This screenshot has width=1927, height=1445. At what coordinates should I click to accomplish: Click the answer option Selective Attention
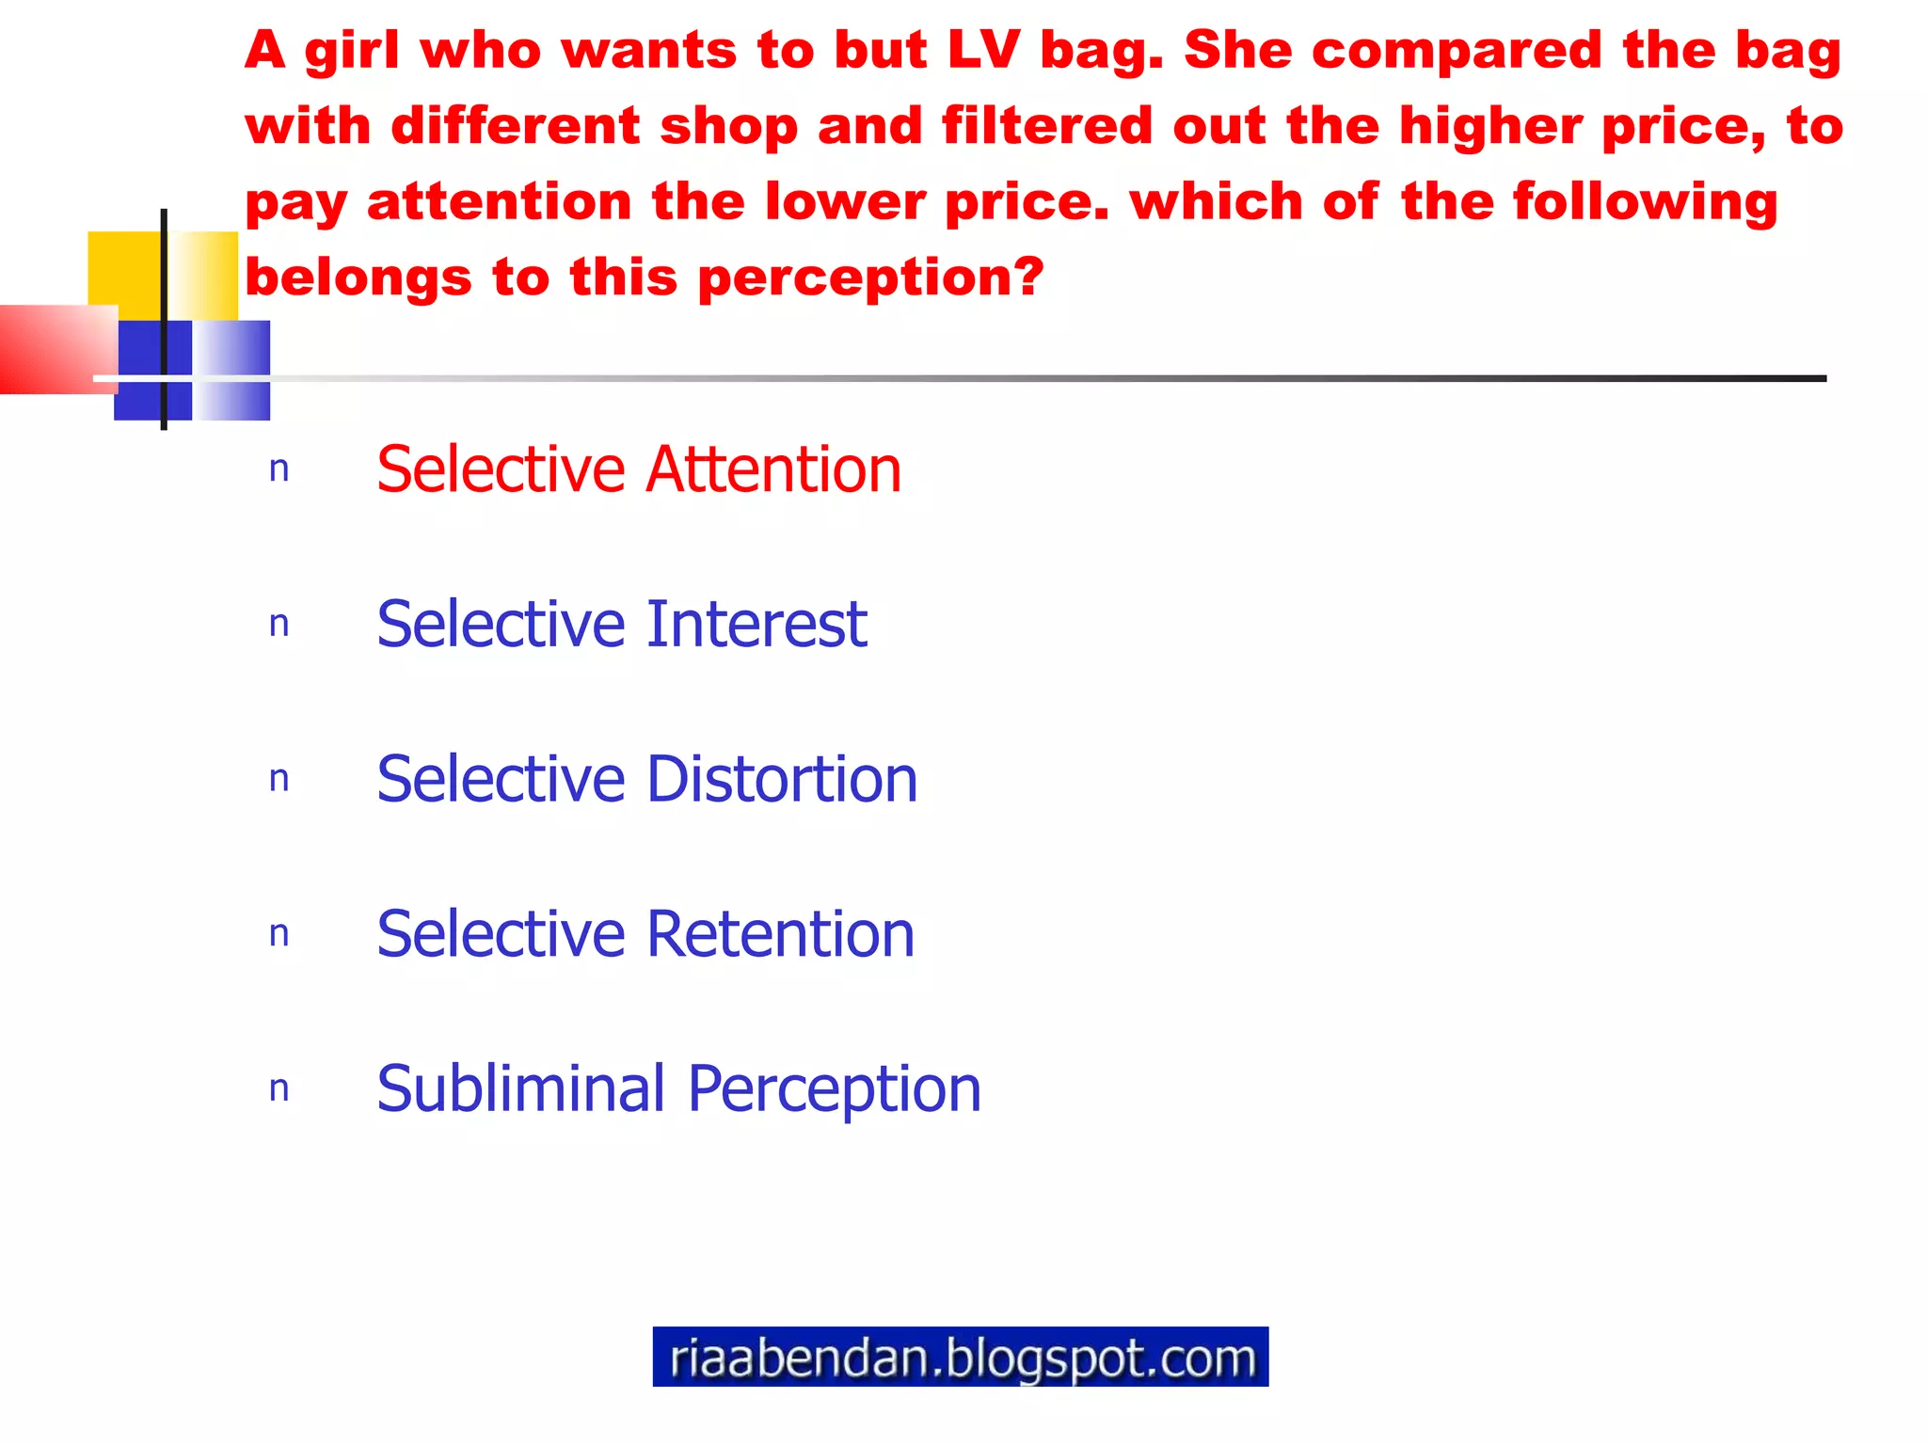coord(638,469)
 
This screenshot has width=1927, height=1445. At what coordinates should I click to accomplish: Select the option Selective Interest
coord(621,624)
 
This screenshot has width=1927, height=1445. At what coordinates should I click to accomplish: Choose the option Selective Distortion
coord(646,779)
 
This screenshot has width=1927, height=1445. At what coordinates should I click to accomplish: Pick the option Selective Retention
coord(645,934)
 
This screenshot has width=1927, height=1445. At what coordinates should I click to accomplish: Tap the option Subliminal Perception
coord(678,1088)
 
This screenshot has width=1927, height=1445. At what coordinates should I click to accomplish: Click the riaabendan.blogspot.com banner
coord(960,1357)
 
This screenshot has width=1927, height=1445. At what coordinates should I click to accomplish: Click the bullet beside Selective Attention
coord(279,469)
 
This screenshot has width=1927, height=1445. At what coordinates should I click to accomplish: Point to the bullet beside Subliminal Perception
coord(279,1089)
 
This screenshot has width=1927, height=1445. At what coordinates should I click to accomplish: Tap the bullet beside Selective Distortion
coord(279,780)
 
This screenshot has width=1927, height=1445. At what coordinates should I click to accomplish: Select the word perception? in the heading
coord(870,278)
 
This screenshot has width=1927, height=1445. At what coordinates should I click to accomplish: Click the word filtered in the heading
coord(1046,126)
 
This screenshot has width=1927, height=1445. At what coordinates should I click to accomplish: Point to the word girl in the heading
coord(352,52)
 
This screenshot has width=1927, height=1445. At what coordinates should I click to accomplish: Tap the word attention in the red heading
coord(499,202)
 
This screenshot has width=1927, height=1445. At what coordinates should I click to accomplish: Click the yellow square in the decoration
coord(125,268)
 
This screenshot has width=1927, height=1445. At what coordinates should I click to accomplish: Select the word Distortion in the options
coord(782,779)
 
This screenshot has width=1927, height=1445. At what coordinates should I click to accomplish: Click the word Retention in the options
coord(780,934)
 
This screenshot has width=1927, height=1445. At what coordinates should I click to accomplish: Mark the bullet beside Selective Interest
coord(279,625)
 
